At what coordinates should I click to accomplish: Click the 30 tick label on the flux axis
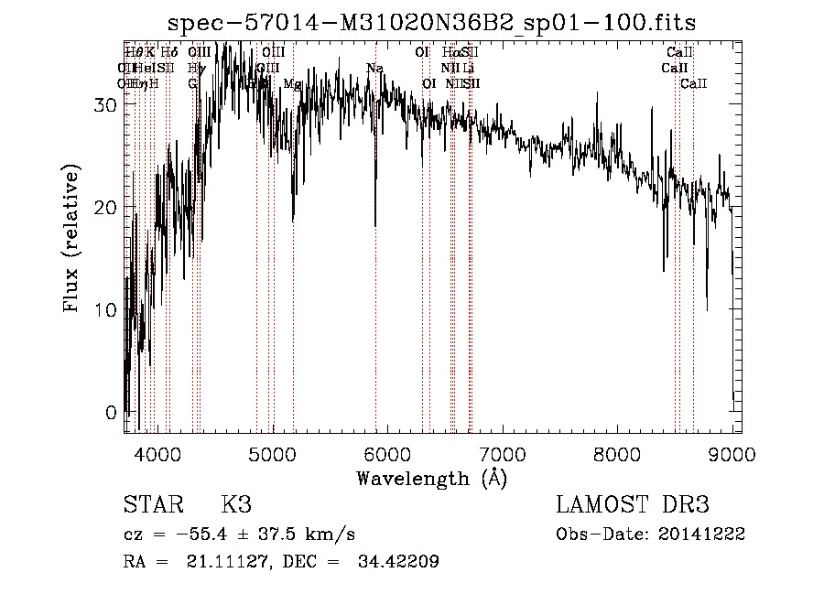tap(107, 104)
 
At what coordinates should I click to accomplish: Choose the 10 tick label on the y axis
tap(107, 309)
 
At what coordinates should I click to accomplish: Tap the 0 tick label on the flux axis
tap(113, 412)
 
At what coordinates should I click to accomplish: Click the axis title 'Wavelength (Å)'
tap(431, 478)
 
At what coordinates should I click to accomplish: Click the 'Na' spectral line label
tap(374, 69)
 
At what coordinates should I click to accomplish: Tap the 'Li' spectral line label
tap(468, 69)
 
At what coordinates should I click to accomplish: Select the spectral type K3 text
tap(235, 505)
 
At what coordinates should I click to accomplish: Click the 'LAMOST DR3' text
tap(632, 505)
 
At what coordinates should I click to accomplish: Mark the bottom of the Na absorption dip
tap(374, 224)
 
